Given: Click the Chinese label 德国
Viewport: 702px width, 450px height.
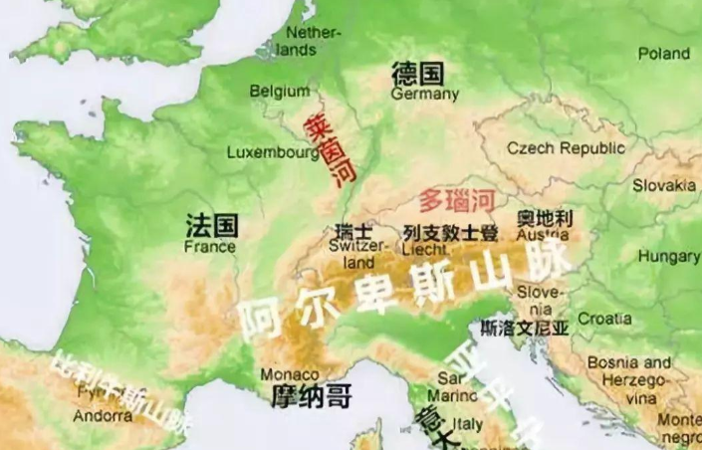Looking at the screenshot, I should coord(417,74).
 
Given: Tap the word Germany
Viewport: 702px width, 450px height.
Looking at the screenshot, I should coord(425,95).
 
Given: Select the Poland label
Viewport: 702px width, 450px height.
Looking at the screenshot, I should coord(663,53).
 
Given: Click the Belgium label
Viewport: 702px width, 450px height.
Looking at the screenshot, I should coord(280,92).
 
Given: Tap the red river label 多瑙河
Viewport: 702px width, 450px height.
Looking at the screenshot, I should coord(456,200).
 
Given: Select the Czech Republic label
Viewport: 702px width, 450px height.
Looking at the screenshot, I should coord(567,148).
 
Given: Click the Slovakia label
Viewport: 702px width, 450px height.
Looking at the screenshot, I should coord(664,185).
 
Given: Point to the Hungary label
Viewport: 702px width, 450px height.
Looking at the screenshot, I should coord(669,256).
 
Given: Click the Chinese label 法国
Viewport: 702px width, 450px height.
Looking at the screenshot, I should coord(211,225).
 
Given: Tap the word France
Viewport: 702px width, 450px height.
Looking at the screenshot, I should coord(210,246).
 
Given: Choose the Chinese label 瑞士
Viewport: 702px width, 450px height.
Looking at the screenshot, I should coord(354,231).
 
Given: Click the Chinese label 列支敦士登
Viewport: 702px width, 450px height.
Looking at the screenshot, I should coord(450,232).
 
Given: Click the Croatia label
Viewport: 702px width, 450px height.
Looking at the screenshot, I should coord(603,319).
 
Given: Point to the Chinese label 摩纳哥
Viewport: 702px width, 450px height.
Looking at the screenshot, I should coord(312,397).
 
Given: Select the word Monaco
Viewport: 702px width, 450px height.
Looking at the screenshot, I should coord(290,374).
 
